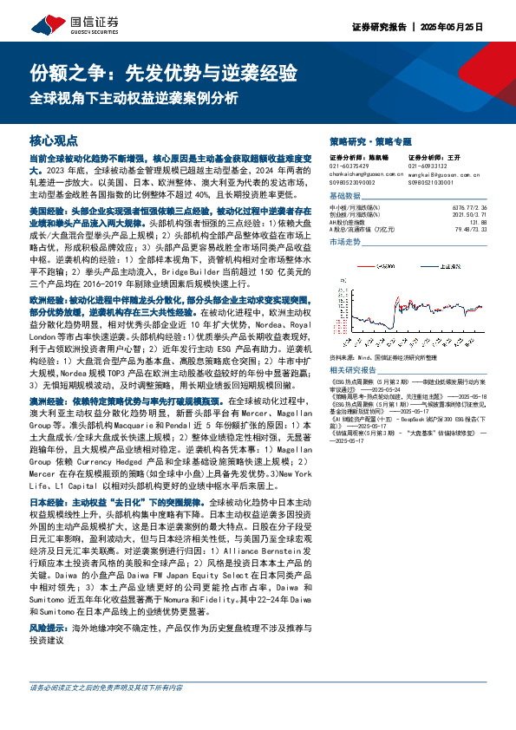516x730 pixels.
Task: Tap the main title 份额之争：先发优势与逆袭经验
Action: coord(164,71)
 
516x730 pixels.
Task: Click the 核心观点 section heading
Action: coord(54,140)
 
